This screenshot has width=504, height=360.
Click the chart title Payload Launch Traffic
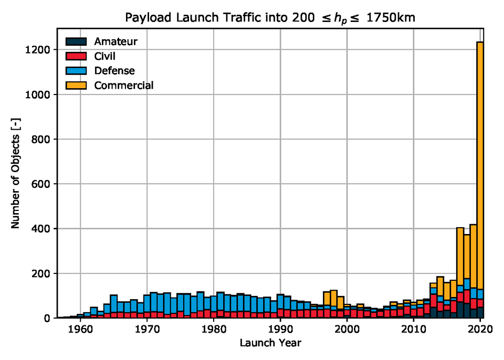tap(270, 18)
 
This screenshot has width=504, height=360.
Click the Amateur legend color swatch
tap(76, 41)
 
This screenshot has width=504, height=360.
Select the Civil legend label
tap(105, 56)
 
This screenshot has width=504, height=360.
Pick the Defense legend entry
tap(114, 70)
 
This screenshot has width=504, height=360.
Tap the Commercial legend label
tap(123, 85)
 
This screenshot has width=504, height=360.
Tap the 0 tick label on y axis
tap(47, 318)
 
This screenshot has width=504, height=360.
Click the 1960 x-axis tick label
tap(80, 330)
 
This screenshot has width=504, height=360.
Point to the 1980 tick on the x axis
tap(214, 330)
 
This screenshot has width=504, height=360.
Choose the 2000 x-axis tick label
tap(347, 330)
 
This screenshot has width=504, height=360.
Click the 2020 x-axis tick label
tap(480, 330)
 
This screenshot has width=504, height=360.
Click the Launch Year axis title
tap(270, 343)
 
